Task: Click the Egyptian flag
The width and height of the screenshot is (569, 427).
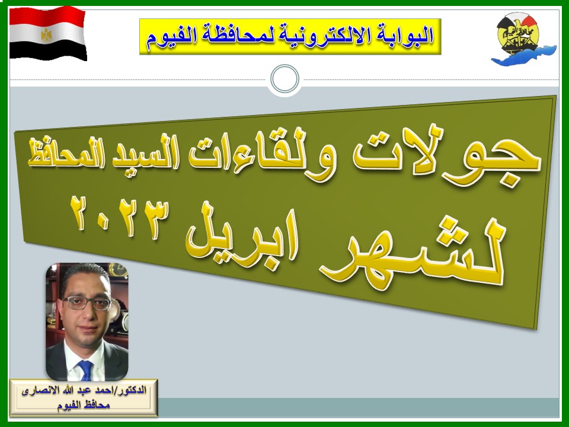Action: point(48,33)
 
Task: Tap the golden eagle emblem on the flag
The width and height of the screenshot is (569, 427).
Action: point(46,34)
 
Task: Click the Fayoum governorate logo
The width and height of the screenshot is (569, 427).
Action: point(523,39)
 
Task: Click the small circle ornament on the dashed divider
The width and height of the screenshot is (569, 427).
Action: point(285,79)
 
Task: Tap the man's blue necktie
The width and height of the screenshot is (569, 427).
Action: point(86,370)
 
